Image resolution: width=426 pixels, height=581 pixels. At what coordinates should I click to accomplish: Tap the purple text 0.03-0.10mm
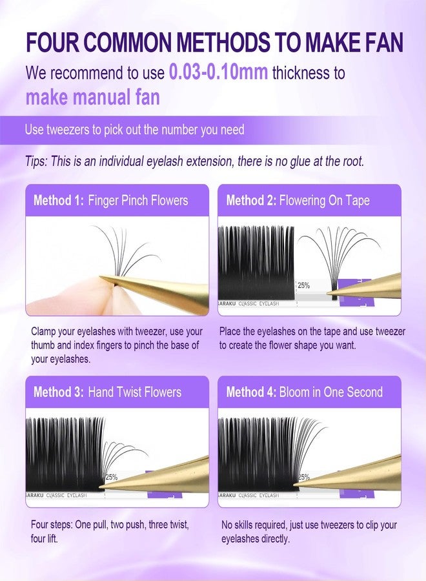coord(218,72)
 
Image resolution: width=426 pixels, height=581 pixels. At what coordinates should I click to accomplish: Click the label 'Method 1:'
coord(58,200)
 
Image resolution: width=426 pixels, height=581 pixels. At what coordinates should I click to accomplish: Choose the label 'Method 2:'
coord(251,200)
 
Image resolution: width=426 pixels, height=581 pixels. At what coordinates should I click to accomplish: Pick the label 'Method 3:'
coord(58,392)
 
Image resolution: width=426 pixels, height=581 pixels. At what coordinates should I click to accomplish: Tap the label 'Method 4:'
coord(251,392)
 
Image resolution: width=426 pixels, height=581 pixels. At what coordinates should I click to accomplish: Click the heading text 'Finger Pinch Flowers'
coord(137,200)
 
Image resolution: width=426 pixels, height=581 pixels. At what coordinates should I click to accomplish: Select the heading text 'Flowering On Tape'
coord(324,200)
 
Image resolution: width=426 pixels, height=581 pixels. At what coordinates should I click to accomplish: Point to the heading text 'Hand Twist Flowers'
coord(134,392)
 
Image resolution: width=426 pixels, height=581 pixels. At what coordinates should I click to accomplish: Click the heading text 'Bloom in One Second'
coord(330,392)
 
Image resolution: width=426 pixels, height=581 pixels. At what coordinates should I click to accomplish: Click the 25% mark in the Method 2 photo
coord(303,285)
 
